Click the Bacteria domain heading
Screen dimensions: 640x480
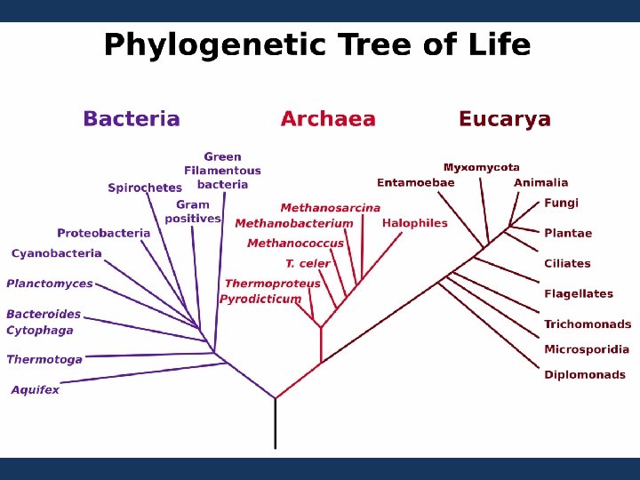(132, 119)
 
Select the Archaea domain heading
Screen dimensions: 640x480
(328, 119)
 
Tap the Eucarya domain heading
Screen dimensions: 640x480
(504, 119)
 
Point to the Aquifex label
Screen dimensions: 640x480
(36, 389)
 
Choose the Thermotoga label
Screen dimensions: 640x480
(44, 359)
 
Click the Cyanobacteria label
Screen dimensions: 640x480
(56, 253)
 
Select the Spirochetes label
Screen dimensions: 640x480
(144, 188)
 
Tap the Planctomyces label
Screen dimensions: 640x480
(50, 284)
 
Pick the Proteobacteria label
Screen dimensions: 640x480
(104, 233)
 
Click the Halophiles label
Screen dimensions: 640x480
(414, 223)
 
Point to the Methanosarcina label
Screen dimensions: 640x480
(330, 208)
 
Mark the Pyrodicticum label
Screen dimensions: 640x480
(260, 299)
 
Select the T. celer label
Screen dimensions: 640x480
(308, 263)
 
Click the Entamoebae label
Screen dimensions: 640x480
(415, 183)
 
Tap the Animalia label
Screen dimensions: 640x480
(540, 183)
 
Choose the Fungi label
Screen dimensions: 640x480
(561, 203)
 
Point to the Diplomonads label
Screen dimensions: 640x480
(585, 374)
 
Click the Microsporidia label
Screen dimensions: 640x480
(587, 349)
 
